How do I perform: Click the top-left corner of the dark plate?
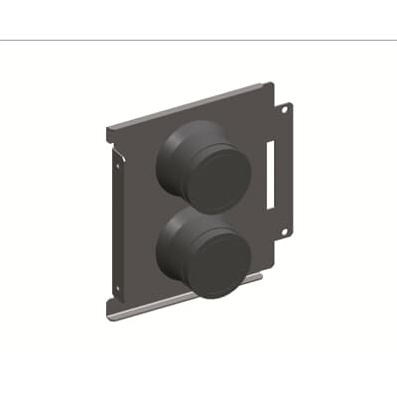point(106,126)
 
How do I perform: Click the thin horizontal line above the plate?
point(198,40)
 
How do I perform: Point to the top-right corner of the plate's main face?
point(277,88)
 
